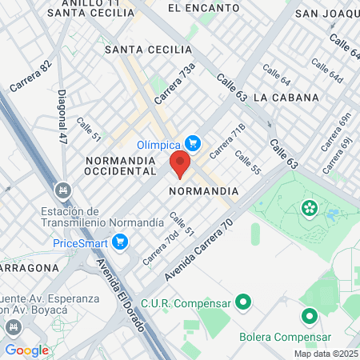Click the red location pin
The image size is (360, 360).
(x=179, y=164)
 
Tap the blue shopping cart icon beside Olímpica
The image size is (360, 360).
(x=193, y=144)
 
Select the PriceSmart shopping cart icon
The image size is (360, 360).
(x=121, y=242)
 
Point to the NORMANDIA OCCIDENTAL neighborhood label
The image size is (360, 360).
(x=125, y=166)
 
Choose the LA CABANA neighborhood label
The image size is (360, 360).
(x=286, y=97)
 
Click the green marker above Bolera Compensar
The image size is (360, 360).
(x=308, y=316)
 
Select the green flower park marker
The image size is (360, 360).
(x=309, y=209)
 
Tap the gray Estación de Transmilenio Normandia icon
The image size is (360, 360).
(x=62, y=190)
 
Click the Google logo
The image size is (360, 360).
(x=26, y=350)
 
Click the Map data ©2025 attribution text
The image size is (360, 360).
(x=326, y=354)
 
